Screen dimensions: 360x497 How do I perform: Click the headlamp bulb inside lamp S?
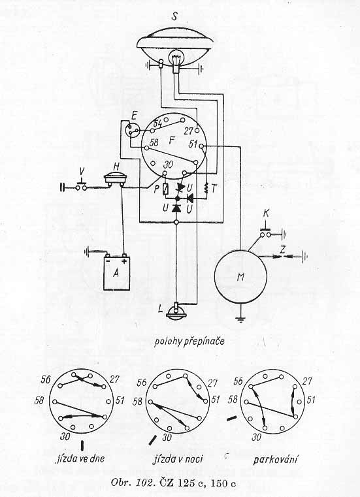(175, 57)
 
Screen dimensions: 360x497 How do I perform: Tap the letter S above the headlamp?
(174, 16)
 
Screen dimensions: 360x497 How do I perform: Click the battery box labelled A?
(117, 273)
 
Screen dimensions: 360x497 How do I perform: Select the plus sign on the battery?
(124, 261)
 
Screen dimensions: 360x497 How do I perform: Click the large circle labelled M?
(240, 277)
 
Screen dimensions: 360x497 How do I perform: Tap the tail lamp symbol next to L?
(175, 312)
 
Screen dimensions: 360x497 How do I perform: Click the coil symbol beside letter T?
(207, 189)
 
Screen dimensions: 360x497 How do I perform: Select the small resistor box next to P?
(165, 189)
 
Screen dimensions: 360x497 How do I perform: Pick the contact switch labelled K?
(266, 233)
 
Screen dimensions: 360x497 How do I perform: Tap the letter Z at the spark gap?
(283, 250)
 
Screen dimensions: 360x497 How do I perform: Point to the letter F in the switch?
(172, 140)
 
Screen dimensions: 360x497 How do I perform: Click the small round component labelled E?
(132, 130)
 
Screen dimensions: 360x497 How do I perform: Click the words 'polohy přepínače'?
(189, 342)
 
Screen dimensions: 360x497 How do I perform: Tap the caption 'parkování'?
(276, 459)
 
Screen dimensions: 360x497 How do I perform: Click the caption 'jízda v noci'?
(178, 459)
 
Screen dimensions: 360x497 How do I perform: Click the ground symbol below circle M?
(240, 319)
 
